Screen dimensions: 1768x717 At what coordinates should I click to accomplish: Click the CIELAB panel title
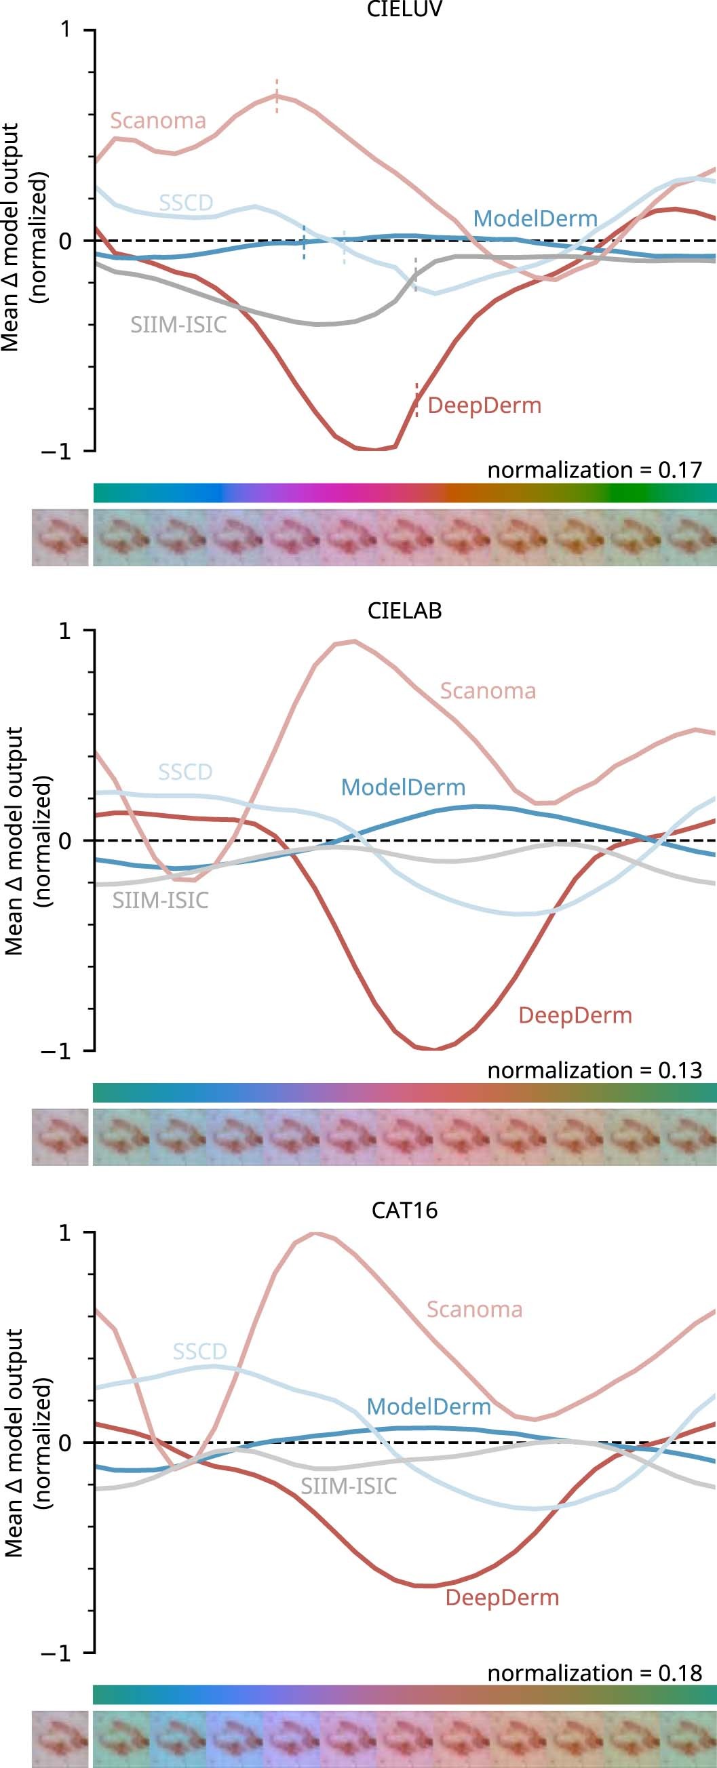[404, 610]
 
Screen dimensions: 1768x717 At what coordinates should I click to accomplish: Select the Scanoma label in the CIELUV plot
[158, 121]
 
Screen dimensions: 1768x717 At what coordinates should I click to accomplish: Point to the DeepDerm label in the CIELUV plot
[484, 406]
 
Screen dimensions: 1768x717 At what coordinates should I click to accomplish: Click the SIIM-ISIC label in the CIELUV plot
[178, 324]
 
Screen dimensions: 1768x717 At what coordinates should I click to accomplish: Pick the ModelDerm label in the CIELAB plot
[403, 787]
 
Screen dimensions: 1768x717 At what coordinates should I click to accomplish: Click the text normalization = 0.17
[595, 470]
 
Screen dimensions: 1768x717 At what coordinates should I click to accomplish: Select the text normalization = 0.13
[595, 1070]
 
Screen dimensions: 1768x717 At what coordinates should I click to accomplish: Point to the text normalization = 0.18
[595, 1672]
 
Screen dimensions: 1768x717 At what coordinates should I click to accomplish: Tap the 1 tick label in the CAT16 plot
[65, 1234]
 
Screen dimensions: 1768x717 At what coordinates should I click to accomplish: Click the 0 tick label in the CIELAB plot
[65, 841]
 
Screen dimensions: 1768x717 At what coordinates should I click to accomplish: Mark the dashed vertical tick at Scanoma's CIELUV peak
[277, 96]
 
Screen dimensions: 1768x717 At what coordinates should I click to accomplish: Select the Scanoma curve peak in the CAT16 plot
[315, 1234]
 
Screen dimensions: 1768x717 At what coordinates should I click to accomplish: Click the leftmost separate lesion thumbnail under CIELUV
[60, 538]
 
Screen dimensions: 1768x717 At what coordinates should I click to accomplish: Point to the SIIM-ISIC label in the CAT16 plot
[349, 1487]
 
